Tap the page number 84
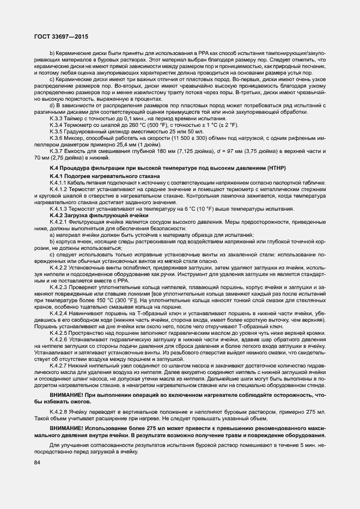tap(37, 462)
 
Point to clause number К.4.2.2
tap(59, 267)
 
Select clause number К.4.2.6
tap(59, 339)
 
